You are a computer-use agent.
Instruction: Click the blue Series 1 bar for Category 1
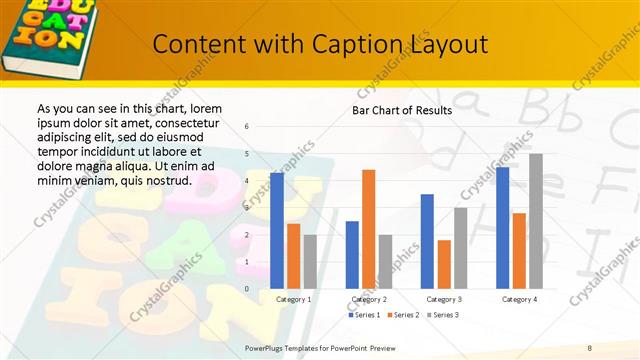pos(277,230)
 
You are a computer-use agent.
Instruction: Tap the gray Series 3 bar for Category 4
pos(536,220)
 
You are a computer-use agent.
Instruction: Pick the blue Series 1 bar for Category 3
pos(427,241)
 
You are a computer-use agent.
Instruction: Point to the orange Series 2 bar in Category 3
pos(444,264)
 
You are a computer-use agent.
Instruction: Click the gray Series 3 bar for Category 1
pos(310,261)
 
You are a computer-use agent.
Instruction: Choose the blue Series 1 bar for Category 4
pos(502,227)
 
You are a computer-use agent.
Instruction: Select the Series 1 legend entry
pos(365,315)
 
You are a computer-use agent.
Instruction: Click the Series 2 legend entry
pos(403,315)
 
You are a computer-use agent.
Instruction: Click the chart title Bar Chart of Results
pos(402,110)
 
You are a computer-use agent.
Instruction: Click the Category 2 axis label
pos(368,299)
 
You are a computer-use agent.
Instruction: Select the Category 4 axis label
pos(519,299)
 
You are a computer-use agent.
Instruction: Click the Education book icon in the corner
pos(45,35)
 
